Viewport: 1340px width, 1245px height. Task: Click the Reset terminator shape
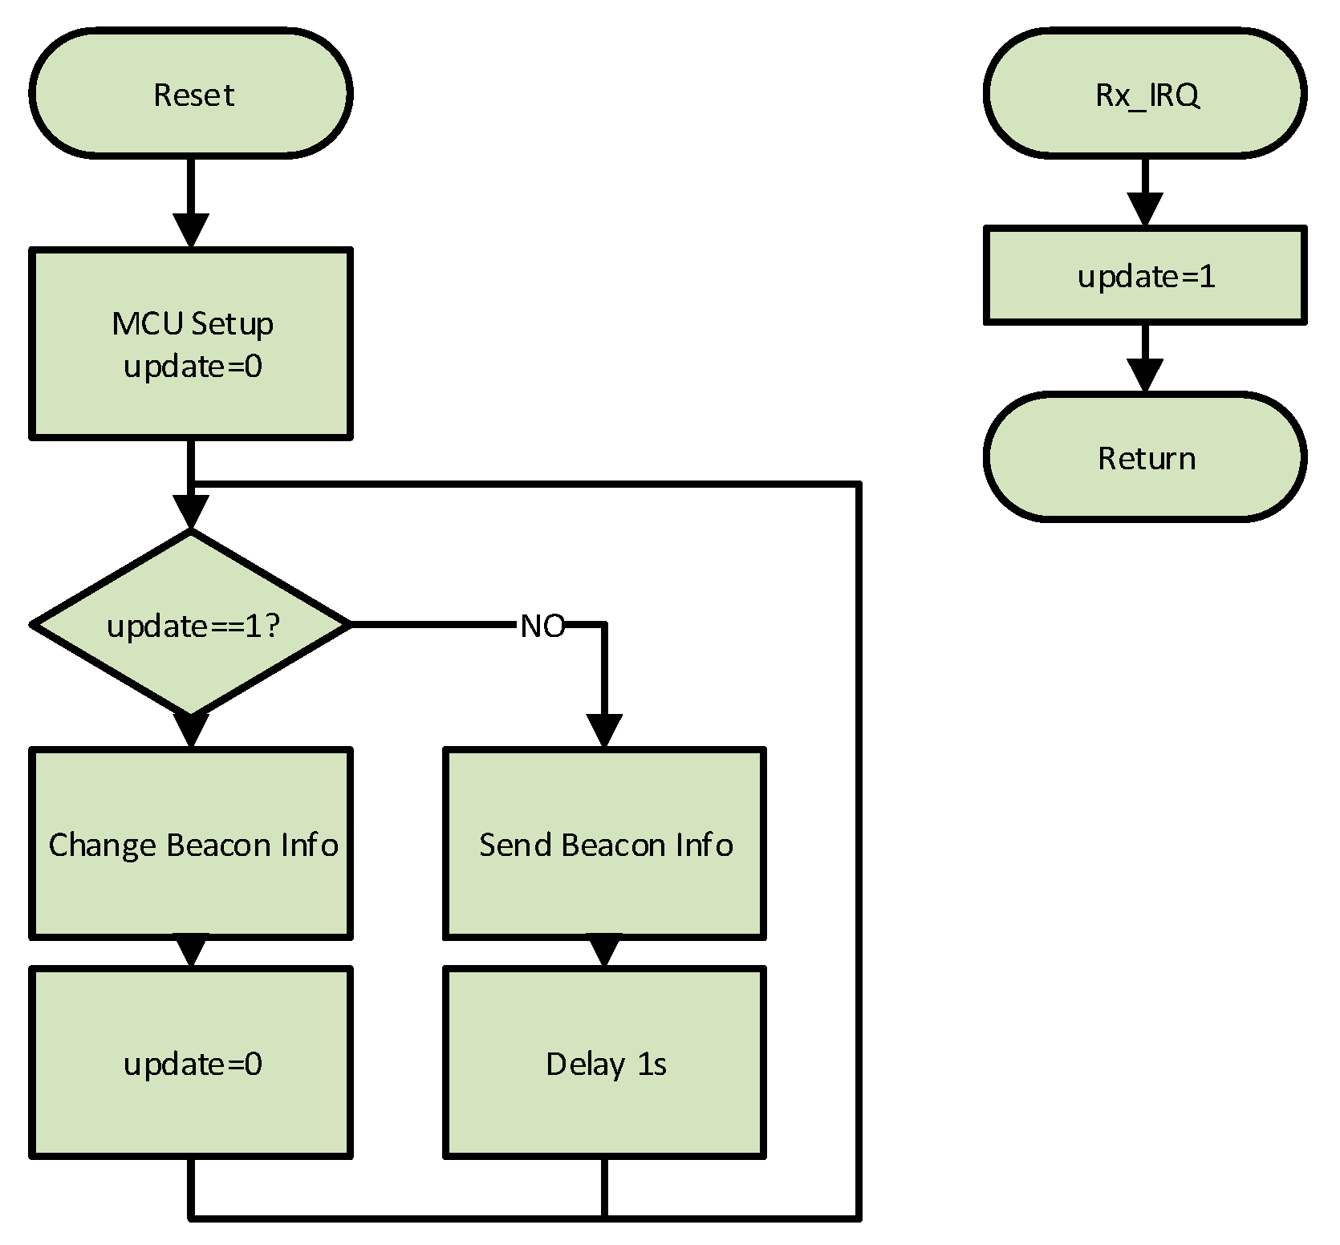[x=191, y=94]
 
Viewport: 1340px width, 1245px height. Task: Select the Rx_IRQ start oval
[x=1145, y=94]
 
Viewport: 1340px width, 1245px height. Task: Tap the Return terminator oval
[x=1145, y=458]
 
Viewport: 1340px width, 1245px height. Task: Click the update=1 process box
[x=1145, y=276]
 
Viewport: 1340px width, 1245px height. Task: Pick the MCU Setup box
[x=191, y=343]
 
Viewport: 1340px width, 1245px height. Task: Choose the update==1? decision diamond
[x=191, y=624]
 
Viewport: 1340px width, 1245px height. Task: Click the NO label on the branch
[x=542, y=626]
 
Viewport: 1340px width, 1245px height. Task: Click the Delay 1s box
[x=604, y=1064]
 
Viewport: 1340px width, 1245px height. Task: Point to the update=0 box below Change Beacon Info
[x=191, y=1064]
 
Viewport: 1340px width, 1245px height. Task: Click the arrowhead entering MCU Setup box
[x=191, y=231]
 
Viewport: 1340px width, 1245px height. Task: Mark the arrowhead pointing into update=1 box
[x=1145, y=210]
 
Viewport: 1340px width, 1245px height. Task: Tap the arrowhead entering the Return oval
[x=1145, y=375]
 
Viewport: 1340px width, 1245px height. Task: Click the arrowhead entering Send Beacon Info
[x=604, y=731]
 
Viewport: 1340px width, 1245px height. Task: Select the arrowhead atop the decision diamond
[x=191, y=513]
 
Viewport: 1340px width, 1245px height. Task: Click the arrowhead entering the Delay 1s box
[x=604, y=952]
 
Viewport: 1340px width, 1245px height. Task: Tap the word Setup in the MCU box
[x=233, y=324]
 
